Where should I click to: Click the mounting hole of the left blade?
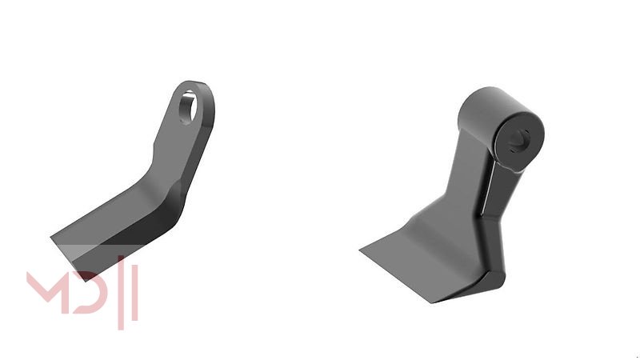click(188, 107)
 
